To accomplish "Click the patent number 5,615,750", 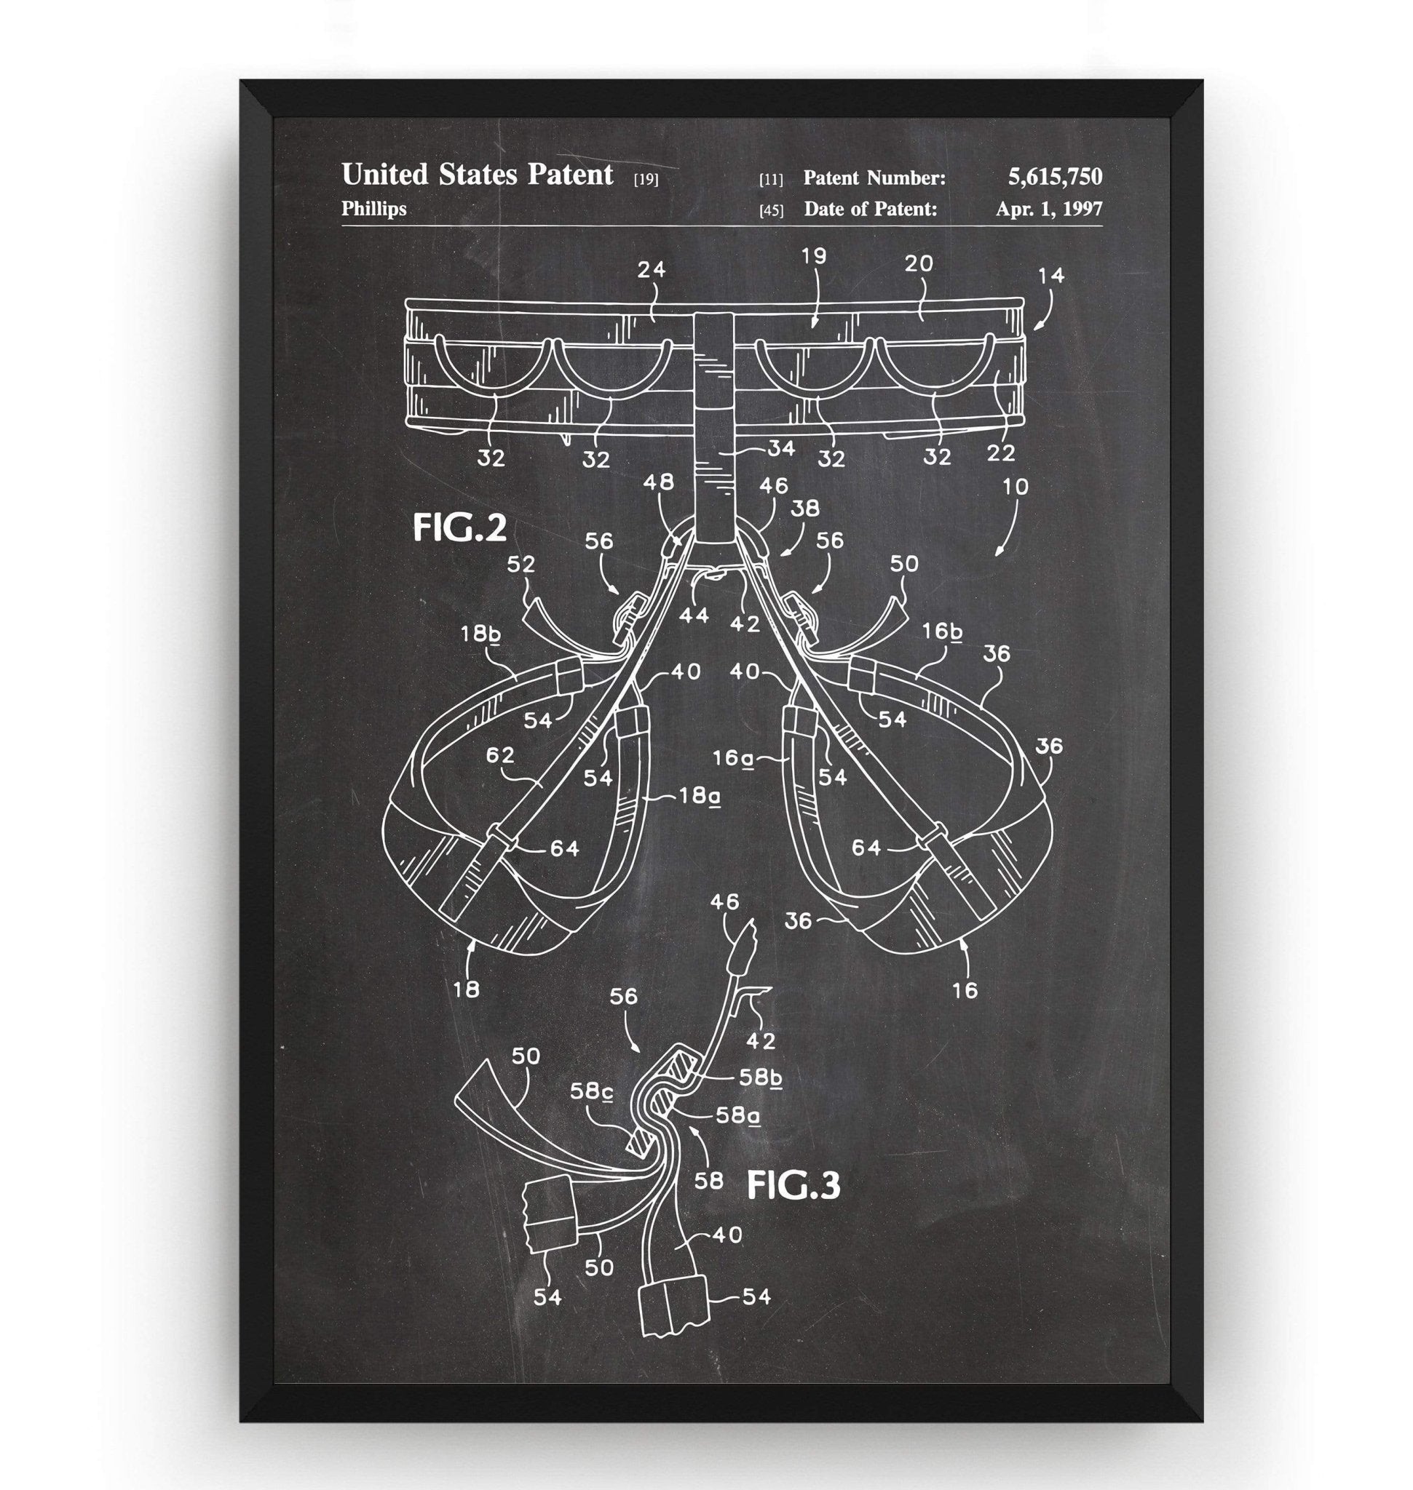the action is point(1055,177).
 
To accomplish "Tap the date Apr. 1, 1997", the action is point(1048,209).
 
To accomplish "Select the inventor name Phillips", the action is point(373,209).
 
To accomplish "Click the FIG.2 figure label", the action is point(459,527).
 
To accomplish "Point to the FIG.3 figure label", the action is point(792,1185).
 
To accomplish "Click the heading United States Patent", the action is point(478,175).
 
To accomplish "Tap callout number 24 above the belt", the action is point(651,269).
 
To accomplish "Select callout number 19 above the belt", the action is point(813,256).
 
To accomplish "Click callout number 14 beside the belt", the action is point(1050,276).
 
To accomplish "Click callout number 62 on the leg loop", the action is point(500,754).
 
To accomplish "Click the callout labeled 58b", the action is point(760,1077).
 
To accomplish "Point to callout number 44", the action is point(694,615).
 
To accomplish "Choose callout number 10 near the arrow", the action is point(1016,487).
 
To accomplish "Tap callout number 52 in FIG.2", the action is point(521,564).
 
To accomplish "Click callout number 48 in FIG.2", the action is point(659,482).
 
